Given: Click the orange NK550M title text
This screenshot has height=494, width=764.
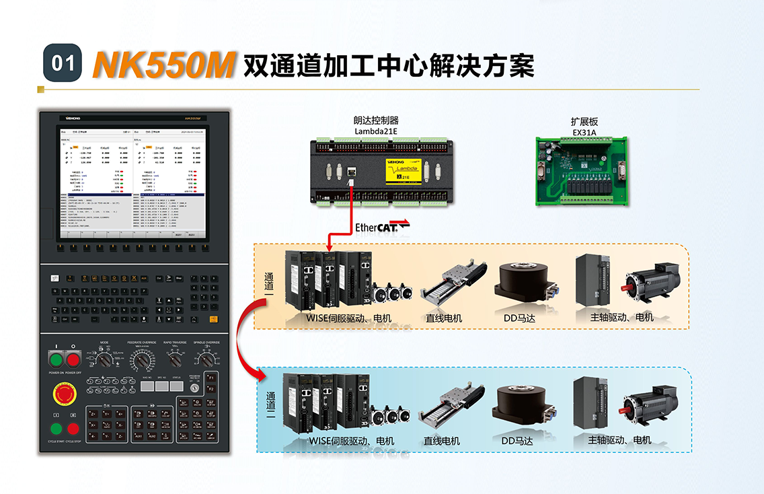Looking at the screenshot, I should pyautogui.click(x=163, y=64).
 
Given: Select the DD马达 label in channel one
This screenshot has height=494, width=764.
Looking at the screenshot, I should pyautogui.click(x=519, y=318).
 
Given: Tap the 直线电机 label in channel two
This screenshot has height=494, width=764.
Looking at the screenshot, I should pyautogui.click(x=442, y=441).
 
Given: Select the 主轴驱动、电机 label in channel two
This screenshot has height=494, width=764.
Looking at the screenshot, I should pyautogui.click(x=619, y=440).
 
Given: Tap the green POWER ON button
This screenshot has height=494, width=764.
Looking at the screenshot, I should pyautogui.click(x=56, y=359).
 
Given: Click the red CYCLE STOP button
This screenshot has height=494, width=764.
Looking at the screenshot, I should pyautogui.click(x=73, y=429).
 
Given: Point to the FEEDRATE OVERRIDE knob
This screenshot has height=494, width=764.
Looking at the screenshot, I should pyautogui.click(x=141, y=362).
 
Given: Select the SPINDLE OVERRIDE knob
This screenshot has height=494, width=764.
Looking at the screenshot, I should pyautogui.click(x=208, y=361).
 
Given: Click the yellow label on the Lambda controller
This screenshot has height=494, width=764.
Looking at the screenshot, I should pyautogui.click(x=402, y=171).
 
